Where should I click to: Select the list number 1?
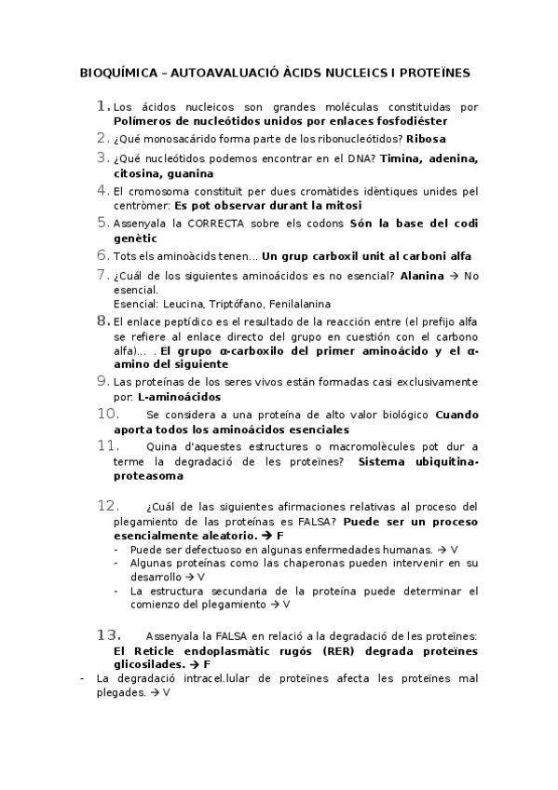click(102, 106)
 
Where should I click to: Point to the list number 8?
click(102, 320)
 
